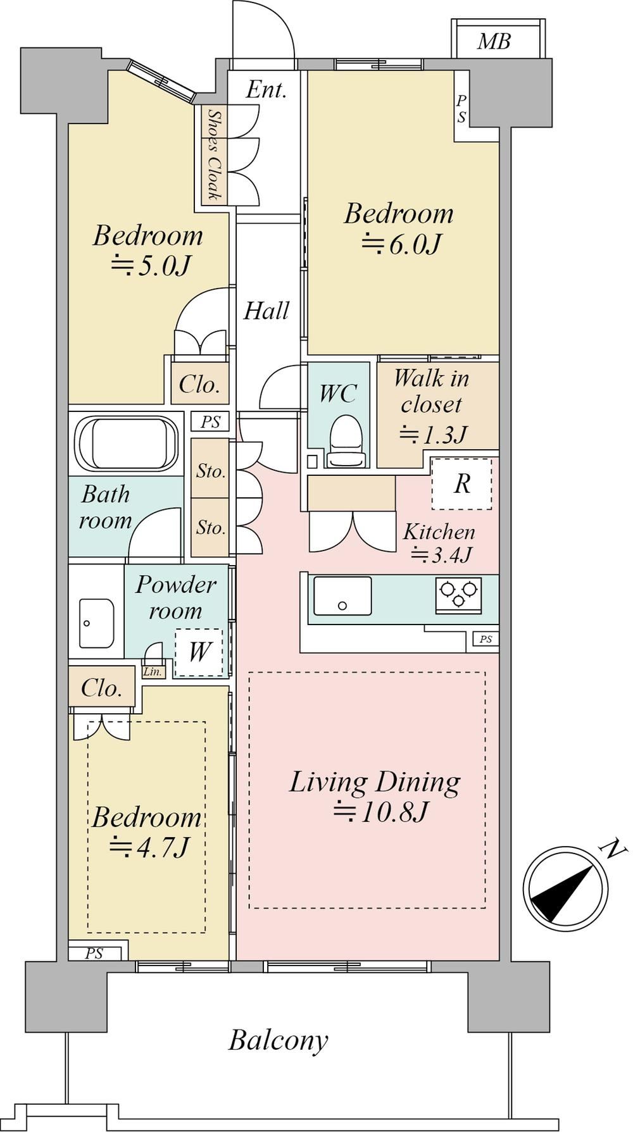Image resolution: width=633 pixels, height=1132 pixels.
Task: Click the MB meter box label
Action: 494,42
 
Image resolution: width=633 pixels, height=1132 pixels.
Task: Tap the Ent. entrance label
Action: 266,89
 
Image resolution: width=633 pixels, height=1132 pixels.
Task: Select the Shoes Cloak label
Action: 215,154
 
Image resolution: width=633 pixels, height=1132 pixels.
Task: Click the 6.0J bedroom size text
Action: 401,244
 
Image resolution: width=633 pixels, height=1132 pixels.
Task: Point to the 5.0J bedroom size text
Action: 150,266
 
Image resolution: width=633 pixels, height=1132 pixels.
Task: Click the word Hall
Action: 266,310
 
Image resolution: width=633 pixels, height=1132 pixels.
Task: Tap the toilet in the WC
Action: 346,440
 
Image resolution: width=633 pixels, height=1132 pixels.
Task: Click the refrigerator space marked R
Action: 462,484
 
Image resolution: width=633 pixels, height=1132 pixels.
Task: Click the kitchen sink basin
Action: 342,595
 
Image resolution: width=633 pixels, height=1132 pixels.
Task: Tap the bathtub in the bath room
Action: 127,442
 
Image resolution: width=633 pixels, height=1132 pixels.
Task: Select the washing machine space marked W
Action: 198,652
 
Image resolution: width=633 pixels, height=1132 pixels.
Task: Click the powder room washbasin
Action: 96,623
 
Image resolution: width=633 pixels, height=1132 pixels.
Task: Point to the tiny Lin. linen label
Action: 153,672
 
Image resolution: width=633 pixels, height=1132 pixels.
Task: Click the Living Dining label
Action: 375,782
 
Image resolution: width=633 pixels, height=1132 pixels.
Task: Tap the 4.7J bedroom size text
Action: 149,847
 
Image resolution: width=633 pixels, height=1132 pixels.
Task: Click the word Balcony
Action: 279,1040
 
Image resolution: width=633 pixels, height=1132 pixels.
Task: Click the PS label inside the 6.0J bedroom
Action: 461,108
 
